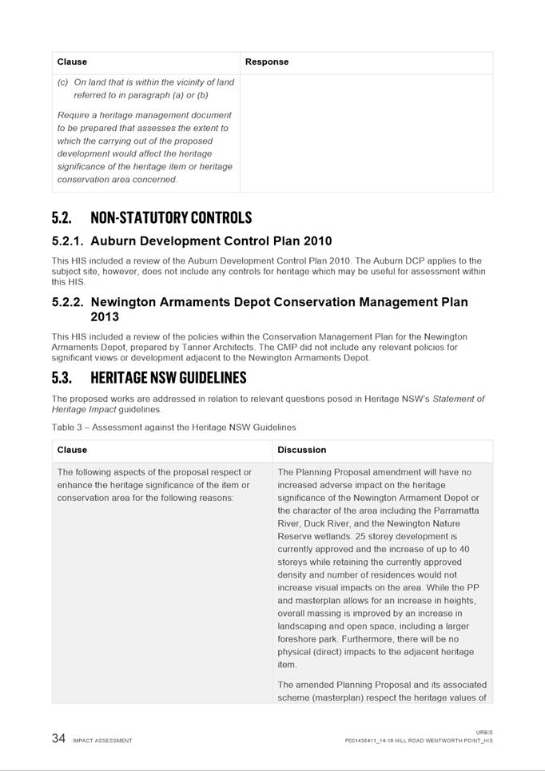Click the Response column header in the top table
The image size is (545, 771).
267,62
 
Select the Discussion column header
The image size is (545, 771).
301,450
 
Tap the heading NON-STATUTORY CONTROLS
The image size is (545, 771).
171,218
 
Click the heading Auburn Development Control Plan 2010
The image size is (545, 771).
211,241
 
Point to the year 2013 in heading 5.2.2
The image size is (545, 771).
105,316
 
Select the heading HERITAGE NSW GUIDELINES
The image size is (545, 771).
168,378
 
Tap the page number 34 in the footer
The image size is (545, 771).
58,739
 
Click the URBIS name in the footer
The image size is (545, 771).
484,732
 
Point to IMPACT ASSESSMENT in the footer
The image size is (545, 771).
102,741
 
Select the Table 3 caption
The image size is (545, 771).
173,427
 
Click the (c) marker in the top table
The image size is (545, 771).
62,82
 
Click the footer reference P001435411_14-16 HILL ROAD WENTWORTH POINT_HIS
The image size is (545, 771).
419,741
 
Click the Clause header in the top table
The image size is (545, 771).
72,62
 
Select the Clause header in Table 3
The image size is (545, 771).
72,450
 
